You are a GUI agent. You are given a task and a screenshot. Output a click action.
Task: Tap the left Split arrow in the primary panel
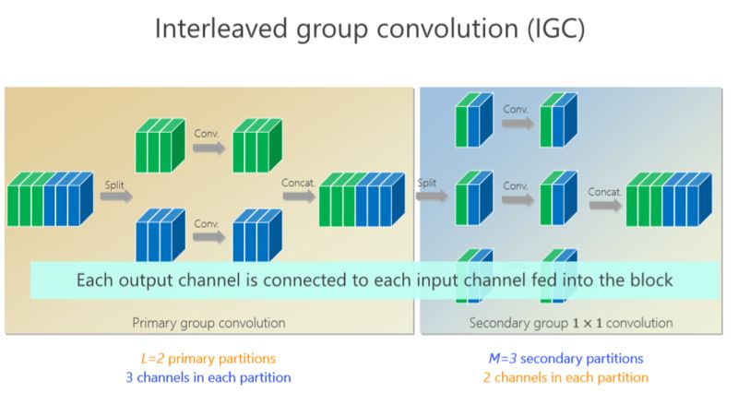click(x=114, y=195)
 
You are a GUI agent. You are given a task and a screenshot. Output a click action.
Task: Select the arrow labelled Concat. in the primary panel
click(x=299, y=194)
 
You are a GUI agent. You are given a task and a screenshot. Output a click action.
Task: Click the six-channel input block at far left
click(x=49, y=198)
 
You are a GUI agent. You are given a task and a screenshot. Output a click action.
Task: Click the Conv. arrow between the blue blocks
click(x=207, y=236)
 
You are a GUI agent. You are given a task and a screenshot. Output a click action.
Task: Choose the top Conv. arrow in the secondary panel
click(x=517, y=122)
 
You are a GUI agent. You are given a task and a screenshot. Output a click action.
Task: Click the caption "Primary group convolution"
click(x=208, y=323)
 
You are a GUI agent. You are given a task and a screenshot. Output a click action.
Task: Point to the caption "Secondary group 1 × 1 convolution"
click(x=571, y=323)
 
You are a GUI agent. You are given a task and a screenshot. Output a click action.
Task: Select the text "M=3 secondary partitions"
click(x=565, y=358)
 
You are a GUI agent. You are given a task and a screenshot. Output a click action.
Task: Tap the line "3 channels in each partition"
click(x=208, y=376)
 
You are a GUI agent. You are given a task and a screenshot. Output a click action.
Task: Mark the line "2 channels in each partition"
click(x=565, y=376)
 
